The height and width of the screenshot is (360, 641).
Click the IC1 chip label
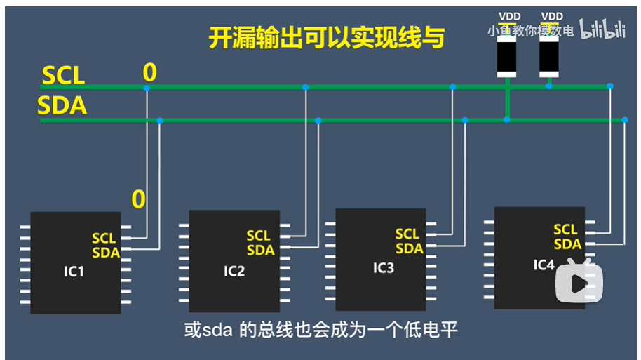pyautogui.click(x=73, y=270)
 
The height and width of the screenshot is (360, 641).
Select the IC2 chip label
pyautogui.click(x=234, y=270)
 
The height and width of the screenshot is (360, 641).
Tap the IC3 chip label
pyautogui.click(x=383, y=268)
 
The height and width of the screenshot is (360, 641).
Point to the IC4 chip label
pyautogui.click(x=544, y=264)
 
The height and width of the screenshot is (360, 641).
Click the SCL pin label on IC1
pyautogui.click(x=104, y=239)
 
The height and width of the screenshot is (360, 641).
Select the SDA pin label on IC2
pyautogui.click(x=260, y=250)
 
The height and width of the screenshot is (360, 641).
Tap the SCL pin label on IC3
pyautogui.click(x=407, y=234)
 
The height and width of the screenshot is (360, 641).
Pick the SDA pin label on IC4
pyautogui.click(x=567, y=244)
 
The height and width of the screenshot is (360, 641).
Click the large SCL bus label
pyautogui.click(x=63, y=75)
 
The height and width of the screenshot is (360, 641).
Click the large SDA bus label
pyautogui.click(x=62, y=106)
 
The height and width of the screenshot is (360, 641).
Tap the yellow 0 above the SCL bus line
pyautogui.click(x=149, y=72)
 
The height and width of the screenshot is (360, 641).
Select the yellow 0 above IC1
pyautogui.click(x=139, y=200)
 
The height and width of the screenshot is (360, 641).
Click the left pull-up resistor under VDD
pyautogui.click(x=506, y=55)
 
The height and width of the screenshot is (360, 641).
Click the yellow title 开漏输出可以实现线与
pyautogui.click(x=327, y=37)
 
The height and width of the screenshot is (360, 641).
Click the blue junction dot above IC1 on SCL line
pyautogui.click(x=147, y=88)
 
